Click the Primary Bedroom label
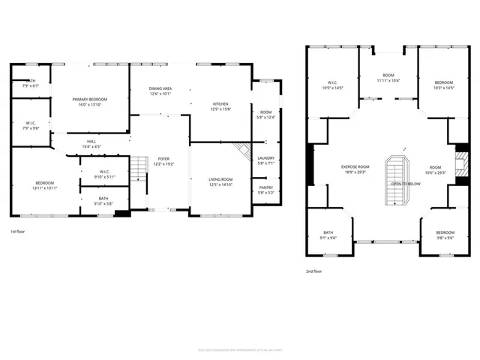tap(90, 99)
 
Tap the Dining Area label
tap(160, 88)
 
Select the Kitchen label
tap(220, 103)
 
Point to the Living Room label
tap(220, 179)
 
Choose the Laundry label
tap(265, 158)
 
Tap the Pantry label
tap(265, 187)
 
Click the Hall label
tap(91, 141)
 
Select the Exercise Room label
tap(355, 166)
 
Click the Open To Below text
tap(406, 184)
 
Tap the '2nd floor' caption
tap(315, 271)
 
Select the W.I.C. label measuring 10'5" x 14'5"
tap(332, 82)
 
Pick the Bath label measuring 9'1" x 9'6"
tap(328, 232)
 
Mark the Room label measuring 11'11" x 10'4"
tap(388, 75)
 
